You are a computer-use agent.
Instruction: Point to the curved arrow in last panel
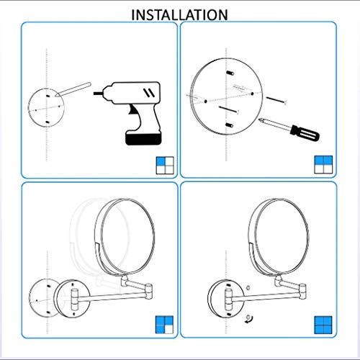pyautogui.click(x=248, y=317)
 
